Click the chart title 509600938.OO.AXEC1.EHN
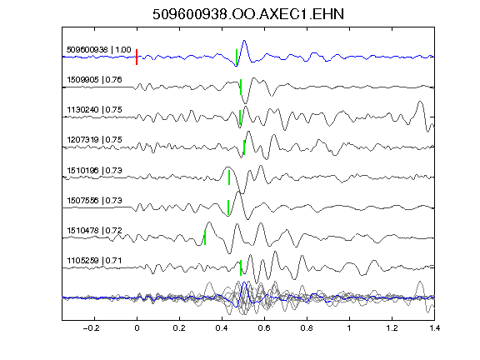(248, 14)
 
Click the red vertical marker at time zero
(137, 57)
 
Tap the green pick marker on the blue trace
(237, 57)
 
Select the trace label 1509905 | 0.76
(94, 80)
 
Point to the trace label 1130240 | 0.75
(94, 110)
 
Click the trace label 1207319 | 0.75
(94, 140)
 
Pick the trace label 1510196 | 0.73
(94, 170)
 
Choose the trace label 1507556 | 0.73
(94, 201)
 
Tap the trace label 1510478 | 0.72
(94, 231)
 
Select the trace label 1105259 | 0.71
(94, 261)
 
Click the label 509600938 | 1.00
(98, 50)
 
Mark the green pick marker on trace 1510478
(205, 237)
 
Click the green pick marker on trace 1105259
(241, 267)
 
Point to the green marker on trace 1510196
(229, 177)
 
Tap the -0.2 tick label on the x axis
(91, 328)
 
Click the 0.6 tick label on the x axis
(264, 328)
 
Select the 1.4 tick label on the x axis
(434, 328)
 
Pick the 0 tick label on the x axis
(137, 328)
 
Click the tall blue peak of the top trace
(244, 41)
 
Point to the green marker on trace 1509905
(241, 87)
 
